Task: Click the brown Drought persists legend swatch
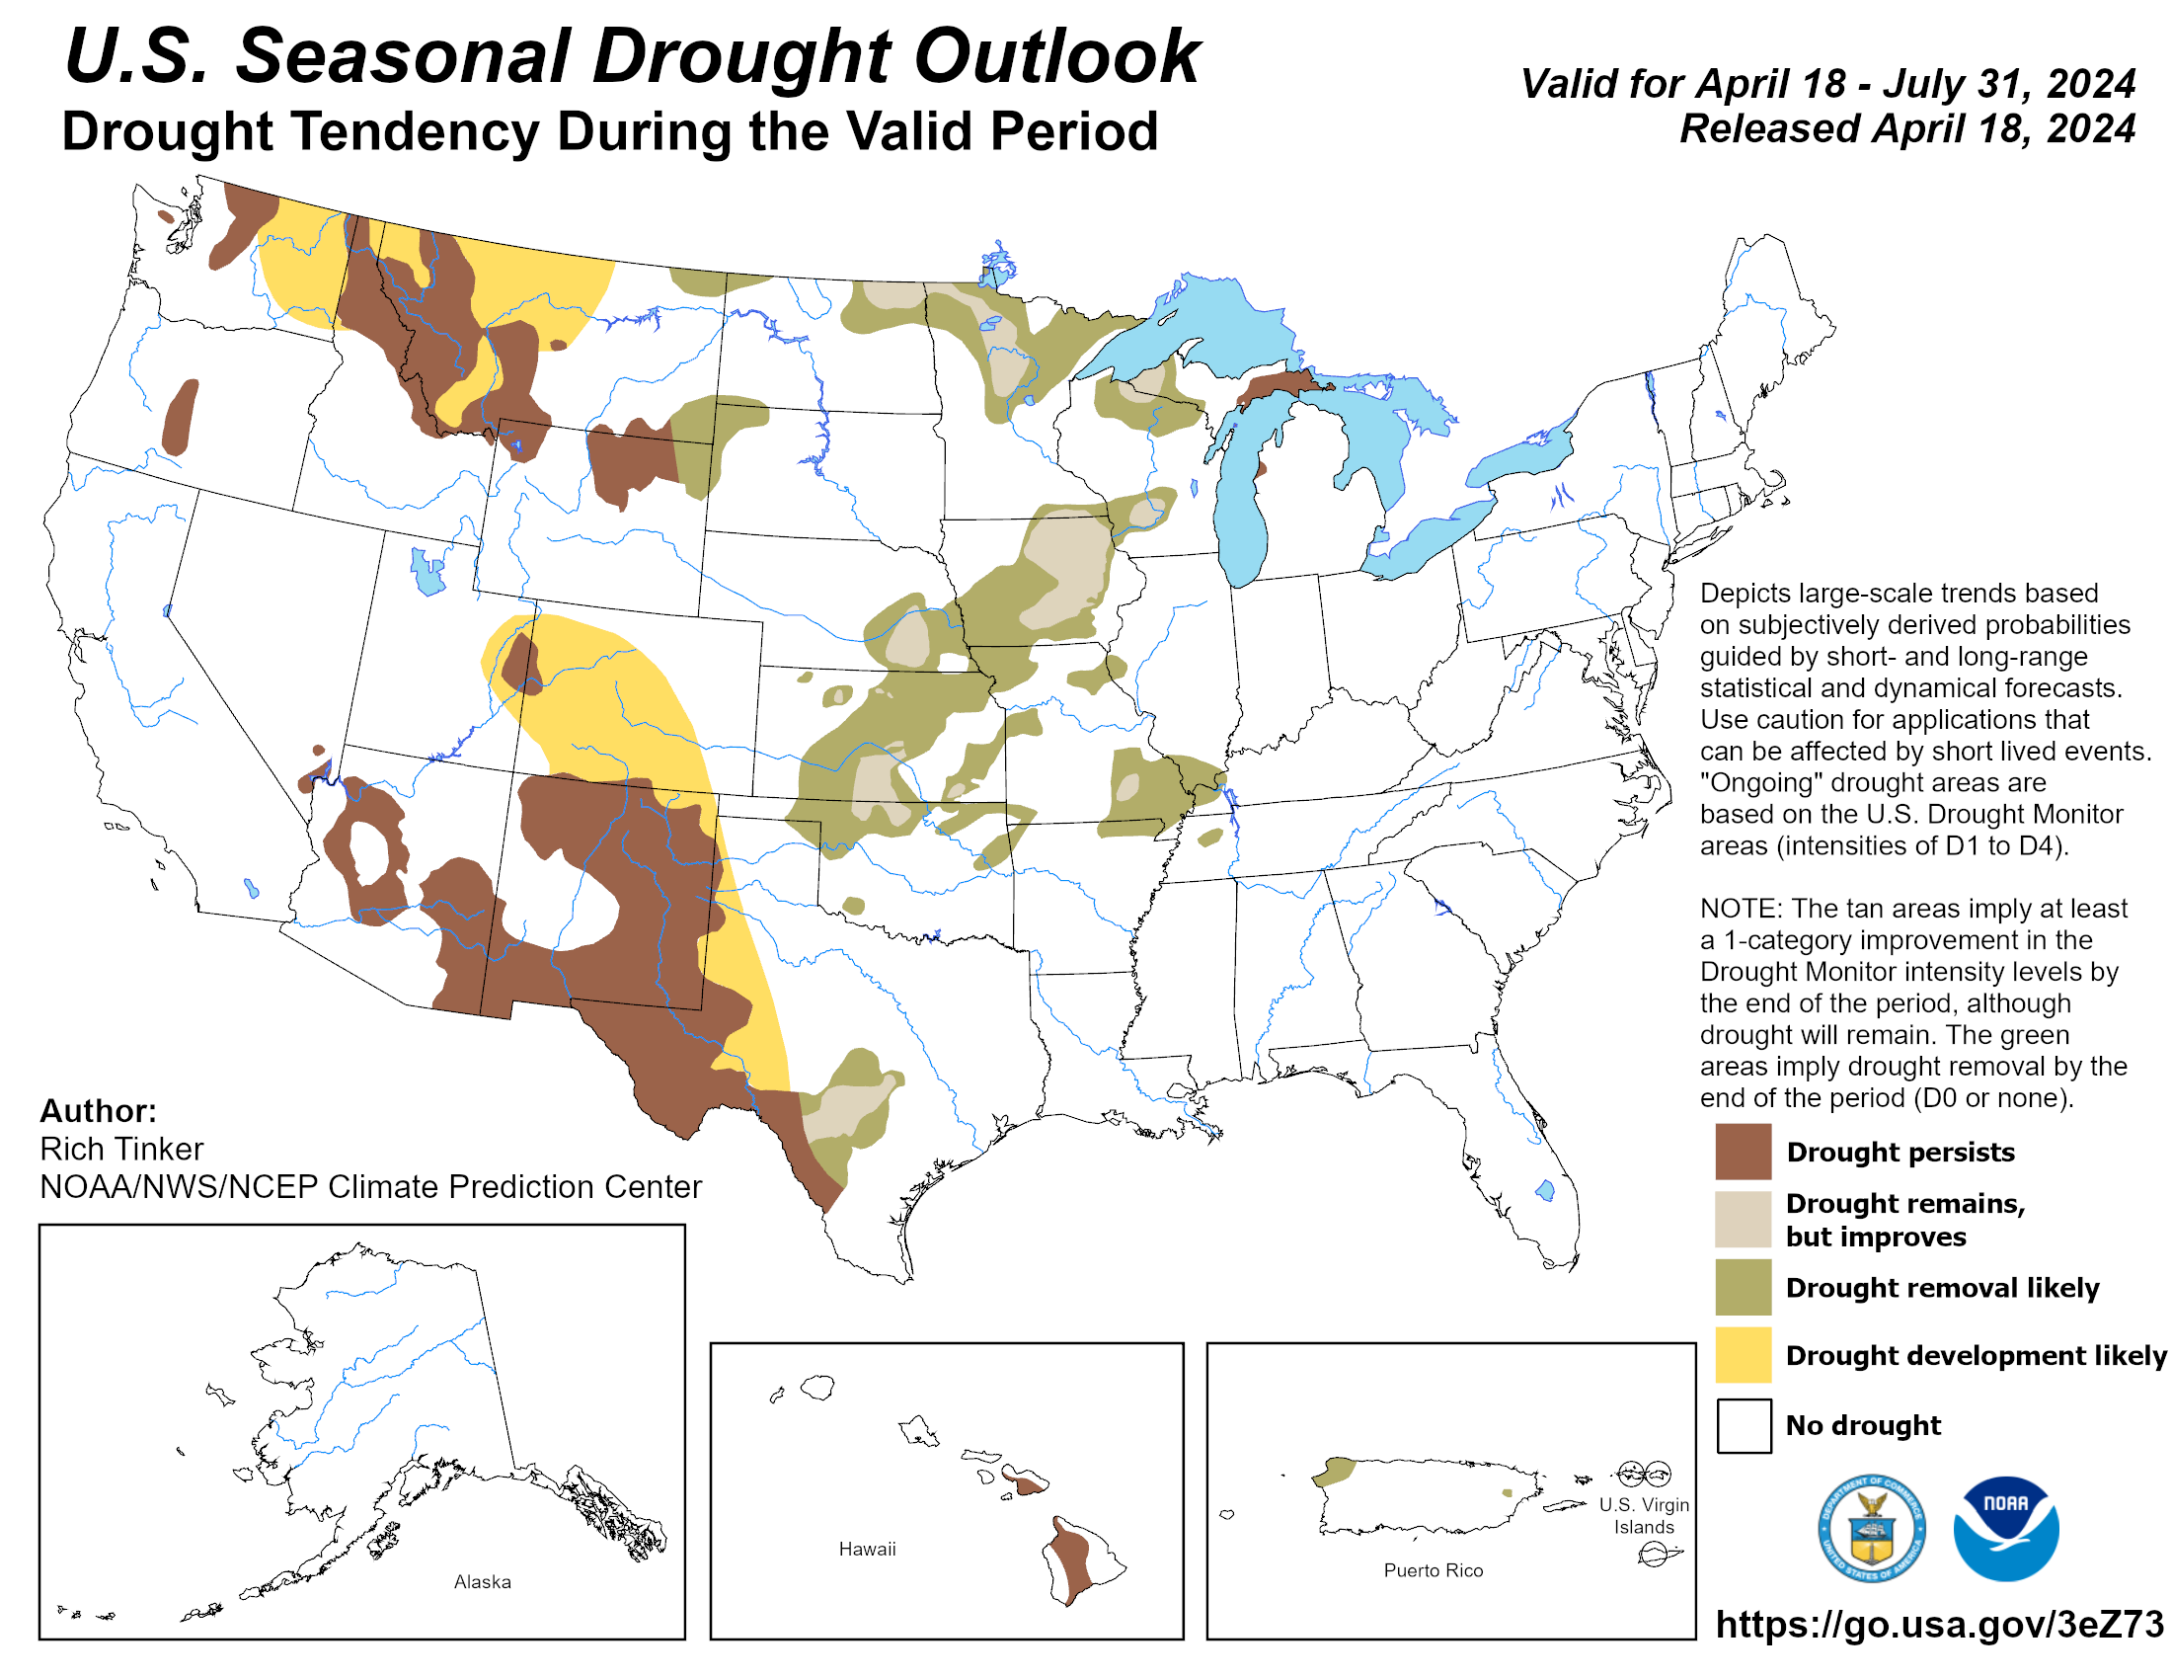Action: [1743, 1151]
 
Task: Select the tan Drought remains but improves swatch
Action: [1743, 1219]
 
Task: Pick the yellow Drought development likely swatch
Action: [1743, 1354]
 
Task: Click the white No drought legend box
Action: [1743, 1424]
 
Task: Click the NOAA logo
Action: [2005, 1528]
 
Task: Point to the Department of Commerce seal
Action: [1871, 1528]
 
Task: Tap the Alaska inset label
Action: [483, 1581]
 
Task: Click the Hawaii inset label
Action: [866, 1549]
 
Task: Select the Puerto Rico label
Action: [1433, 1570]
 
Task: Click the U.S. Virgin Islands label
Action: [1643, 1516]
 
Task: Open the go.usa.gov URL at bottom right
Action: [1938, 1625]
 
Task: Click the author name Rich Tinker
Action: [121, 1149]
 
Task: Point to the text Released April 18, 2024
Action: [1906, 128]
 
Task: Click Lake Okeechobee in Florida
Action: [1544, 1190]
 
